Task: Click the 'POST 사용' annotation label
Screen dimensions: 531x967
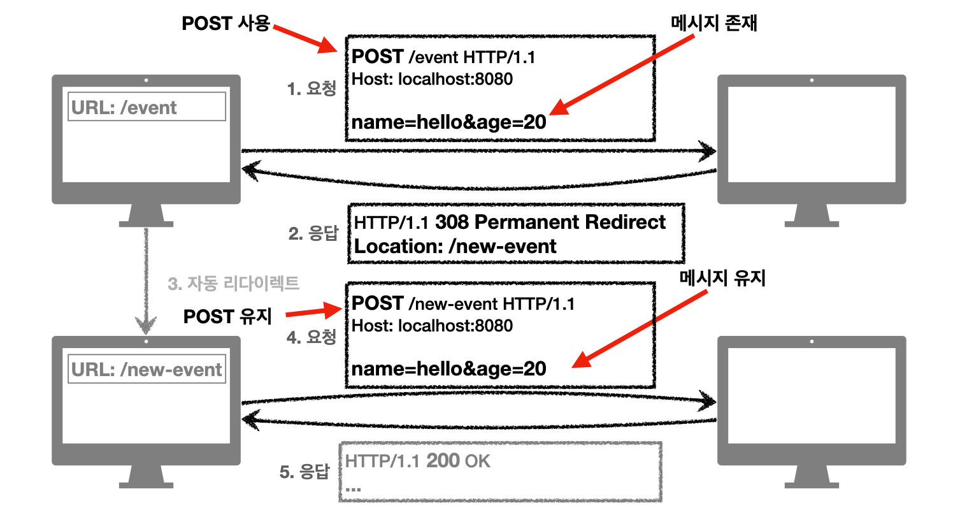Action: click(x=226, y=24)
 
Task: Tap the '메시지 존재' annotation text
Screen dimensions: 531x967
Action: click(x=713, y=24)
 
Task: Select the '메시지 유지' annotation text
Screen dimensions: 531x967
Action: click(x=722, y=278)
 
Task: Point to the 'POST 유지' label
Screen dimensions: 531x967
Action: click(x=227, y=316)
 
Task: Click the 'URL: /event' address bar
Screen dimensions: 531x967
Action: click(x=147, y=107)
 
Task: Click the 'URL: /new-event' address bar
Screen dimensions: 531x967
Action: click(x=147, y=369)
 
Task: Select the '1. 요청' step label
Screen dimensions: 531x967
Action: click(x=312, y=89)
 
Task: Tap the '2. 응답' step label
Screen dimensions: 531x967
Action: click(x=313, y=233)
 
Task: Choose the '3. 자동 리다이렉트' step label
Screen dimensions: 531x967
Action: click(x=233, y=283)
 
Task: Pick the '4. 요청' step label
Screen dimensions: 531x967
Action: click(x=312, y=337)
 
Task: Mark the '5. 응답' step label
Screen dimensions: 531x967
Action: click(x=304, y=472)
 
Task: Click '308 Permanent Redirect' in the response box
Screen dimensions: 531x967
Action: click(x=550, y=222)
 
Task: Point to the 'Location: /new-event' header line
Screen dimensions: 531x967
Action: click(x=455, y=247)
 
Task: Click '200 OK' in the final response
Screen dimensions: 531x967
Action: click(x=458, y=461)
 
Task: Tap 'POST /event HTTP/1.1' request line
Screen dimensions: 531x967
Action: click(x=443, y=57)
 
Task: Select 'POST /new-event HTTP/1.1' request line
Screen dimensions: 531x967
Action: click(x=463, y=303)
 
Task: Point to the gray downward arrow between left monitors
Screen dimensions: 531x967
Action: click(x=146, y=280)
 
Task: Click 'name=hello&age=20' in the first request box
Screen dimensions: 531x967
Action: click(x=448, y=122)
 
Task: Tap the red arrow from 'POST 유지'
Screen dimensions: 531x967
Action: click(x=314, y=312)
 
